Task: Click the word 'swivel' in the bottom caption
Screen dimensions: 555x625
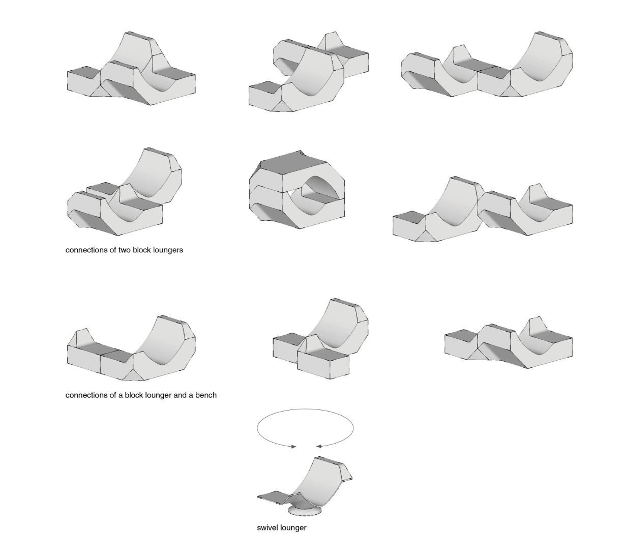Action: coord(267,528)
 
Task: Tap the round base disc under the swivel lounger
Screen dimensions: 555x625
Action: coord(305,510)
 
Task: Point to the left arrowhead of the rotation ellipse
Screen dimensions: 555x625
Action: coord(294,447)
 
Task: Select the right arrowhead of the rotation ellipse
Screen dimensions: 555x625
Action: coord(318,446)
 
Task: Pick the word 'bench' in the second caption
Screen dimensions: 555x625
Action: coord(205,395)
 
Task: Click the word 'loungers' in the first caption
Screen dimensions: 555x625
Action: coord(167,250)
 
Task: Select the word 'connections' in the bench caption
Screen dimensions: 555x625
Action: coord(86,395)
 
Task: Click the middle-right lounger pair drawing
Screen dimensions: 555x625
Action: coord(482,209)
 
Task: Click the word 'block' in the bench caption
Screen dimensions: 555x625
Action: coord(135,395)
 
